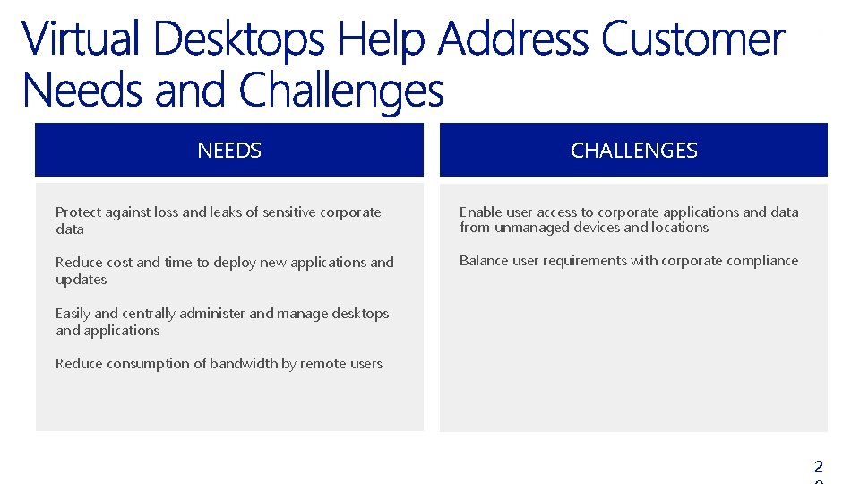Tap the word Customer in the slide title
(x=692, y=40)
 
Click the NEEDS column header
(x=229, y=151)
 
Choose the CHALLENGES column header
(x=633, y=151)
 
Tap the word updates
(x=81, y=280)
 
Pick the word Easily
(x=73, y=314)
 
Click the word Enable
(x=481, y=212)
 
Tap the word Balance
(x=484, y=261)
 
